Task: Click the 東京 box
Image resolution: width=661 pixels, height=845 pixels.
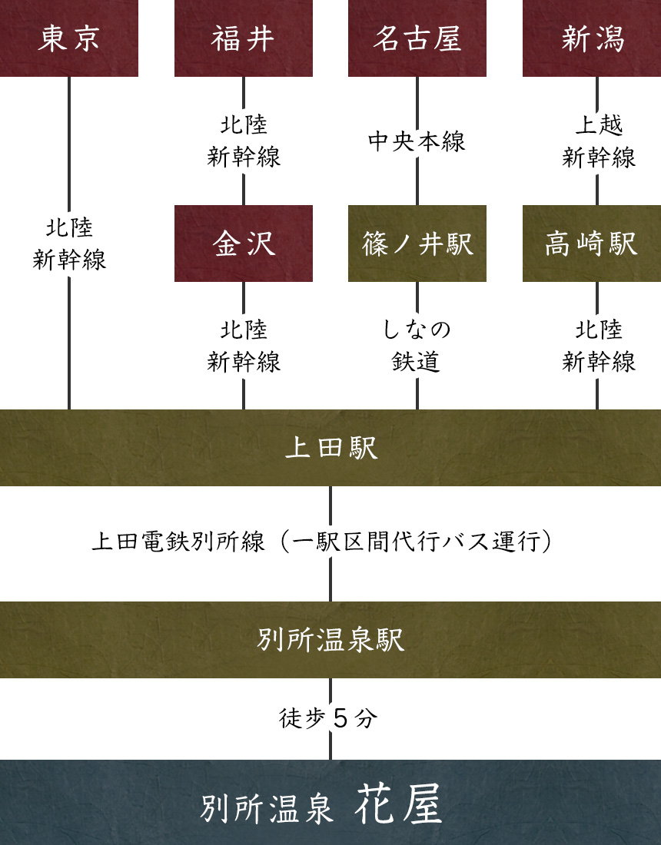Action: click(x=69, y=38)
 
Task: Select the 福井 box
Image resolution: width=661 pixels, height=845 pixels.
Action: click(x=243, y=38)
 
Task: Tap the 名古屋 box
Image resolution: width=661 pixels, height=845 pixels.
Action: click(x=417, y=38)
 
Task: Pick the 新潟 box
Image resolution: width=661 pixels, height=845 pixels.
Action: click(x=592, y=38)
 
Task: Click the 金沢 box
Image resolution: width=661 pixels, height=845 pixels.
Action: click(x=243, y=244)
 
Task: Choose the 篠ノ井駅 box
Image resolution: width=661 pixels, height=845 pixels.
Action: click(x=417, y=244)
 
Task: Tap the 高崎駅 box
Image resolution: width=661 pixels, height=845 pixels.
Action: click(x=592, y=244)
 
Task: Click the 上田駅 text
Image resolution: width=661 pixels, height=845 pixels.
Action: click(x=330, y=448)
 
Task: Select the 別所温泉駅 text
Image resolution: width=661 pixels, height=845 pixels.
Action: click(x=330, y=640)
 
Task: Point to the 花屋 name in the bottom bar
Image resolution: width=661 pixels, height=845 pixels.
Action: click(x=399, y=805)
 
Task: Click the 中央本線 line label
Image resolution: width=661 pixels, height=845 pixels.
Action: click(x=417, y=141)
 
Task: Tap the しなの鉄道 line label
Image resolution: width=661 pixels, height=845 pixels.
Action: click(x=417, y=345)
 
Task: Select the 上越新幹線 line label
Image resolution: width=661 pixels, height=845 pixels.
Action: click(x=599, y=141)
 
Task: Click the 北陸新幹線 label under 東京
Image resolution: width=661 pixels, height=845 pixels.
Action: click(x=69, y=244)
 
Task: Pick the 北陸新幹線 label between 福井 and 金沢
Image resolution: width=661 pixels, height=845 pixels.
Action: click(x=244, y=141)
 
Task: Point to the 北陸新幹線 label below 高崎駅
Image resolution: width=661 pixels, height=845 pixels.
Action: click(x=599, y=345)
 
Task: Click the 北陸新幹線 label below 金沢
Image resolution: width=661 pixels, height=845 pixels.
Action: click(x=244, y=345)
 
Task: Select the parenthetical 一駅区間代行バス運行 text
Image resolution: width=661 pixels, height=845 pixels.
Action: click(x=416, y=542)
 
